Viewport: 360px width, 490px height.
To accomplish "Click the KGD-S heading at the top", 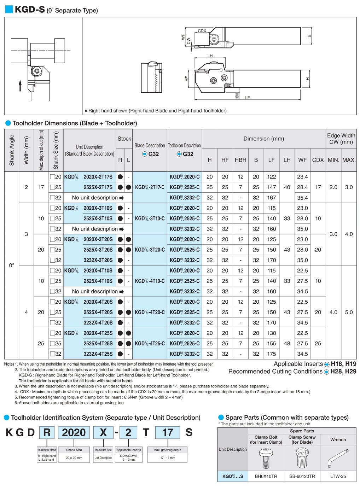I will pos(30,10).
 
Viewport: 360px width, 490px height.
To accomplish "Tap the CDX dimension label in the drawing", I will pos(202,31).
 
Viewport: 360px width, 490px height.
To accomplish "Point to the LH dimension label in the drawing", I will pos(210,56).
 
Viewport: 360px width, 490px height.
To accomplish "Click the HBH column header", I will pos(240,160).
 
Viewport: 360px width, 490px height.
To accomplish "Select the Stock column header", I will pos(124,139).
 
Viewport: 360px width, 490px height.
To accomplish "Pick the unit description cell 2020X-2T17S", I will pos(98,177).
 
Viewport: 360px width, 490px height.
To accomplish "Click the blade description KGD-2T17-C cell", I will pos(150,187).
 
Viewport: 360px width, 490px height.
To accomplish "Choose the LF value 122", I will pos(271,177).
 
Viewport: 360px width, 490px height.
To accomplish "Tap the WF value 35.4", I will pos(302,198).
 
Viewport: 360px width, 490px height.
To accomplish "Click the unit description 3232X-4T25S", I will pos(98,354).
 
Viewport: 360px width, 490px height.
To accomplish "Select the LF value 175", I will pos(271,354).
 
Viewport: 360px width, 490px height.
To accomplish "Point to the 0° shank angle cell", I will pos(12,265).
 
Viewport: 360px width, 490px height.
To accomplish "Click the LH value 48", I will pos(287,343).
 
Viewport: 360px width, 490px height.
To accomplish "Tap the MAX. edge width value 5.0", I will pos(349,312).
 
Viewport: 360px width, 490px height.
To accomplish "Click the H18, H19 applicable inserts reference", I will pos(343,364).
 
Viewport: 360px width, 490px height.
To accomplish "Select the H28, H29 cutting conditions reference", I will pos(343,372).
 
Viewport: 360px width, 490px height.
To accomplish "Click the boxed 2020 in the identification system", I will pos(74,432).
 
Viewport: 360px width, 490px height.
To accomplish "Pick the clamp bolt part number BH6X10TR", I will pos(266,476).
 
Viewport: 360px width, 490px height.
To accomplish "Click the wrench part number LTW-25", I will pos(338,476).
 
